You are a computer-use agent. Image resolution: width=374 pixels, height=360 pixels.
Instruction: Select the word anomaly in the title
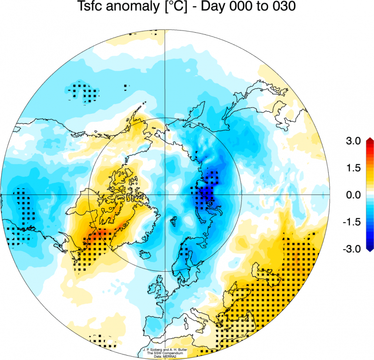coord(132,7)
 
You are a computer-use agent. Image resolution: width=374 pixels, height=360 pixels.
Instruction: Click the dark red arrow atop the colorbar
coord(369,140)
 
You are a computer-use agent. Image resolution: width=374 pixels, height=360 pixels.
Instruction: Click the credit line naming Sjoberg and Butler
coord(165,350)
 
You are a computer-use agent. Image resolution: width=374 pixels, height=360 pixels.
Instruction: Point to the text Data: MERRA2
coord(165,356)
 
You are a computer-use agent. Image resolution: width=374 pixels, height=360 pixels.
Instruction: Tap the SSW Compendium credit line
coord(165,353)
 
